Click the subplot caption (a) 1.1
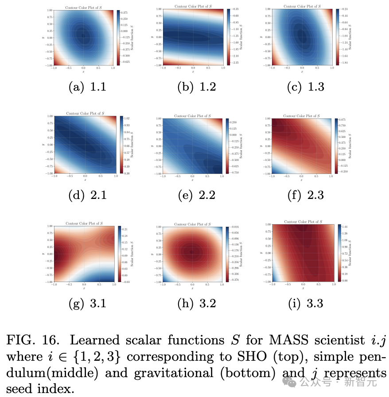87,87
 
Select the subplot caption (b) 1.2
196,87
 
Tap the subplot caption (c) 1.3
306,87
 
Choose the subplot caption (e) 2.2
196,195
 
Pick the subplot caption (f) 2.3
306,195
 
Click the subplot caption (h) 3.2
196,303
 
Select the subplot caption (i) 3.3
306,303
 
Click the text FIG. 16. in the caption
32,340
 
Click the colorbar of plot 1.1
118,37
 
